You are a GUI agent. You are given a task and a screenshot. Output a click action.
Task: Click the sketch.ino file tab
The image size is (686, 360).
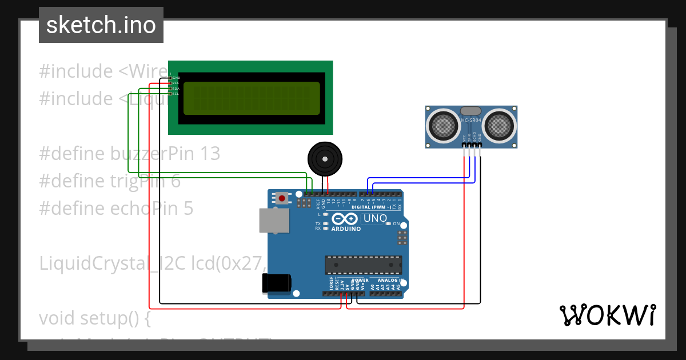click(101, 25)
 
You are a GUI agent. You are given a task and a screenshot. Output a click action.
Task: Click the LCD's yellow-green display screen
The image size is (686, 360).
click(252, 98)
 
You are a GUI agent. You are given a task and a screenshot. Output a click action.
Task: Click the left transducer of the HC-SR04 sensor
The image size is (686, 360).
click(443, 125)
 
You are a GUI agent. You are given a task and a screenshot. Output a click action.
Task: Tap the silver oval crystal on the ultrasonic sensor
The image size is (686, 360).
click(471, 111)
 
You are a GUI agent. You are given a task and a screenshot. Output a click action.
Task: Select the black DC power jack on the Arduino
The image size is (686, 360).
click(276, 283)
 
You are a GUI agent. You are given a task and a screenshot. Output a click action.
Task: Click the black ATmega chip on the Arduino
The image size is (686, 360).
click(363, 265)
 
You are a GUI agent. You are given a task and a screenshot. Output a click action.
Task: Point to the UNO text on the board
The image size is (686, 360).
click(375, 218)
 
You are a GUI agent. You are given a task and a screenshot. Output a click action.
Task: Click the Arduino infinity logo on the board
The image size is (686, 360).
click(345, 219)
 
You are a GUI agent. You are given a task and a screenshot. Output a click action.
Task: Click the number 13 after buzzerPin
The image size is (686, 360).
click(209, 154)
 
